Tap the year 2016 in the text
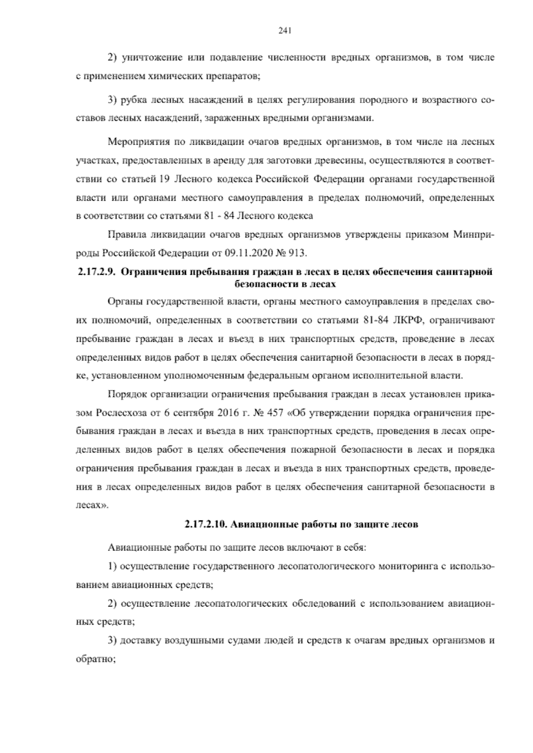point(229,412)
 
